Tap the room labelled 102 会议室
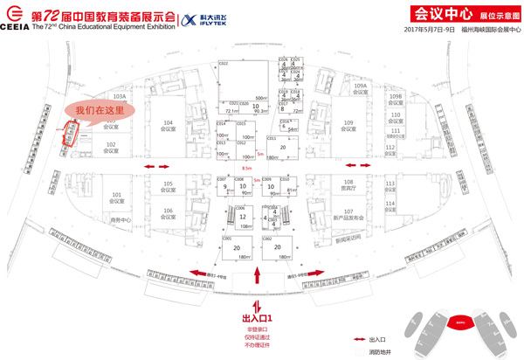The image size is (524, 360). coord(111,146)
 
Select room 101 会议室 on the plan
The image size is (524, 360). coord(114,197)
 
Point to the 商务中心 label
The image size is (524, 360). coord(119,219)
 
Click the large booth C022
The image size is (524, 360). coord(241,83)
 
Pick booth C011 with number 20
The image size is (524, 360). coord(282,148)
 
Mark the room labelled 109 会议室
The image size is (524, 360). coord(348,124)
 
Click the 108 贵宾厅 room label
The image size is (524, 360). coord(348,184)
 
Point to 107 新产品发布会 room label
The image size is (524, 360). coord(348,214)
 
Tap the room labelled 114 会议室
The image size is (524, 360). coord(391,206)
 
